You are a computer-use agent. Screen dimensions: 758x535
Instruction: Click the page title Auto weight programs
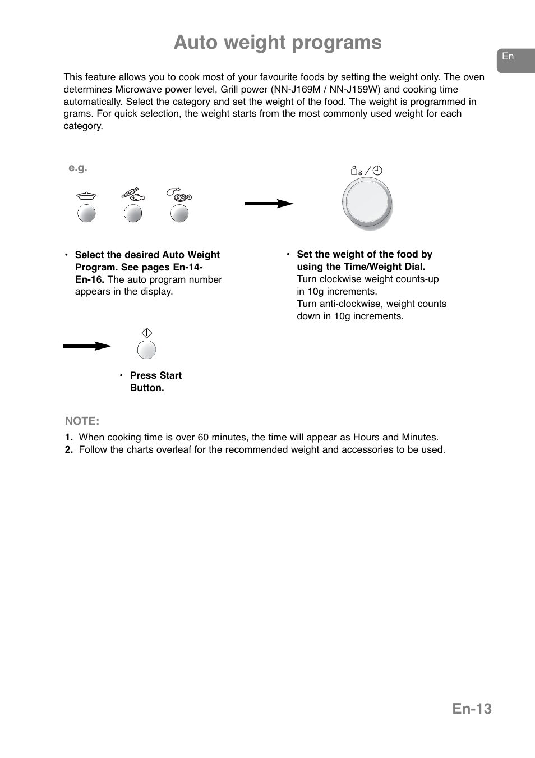pos(278,43)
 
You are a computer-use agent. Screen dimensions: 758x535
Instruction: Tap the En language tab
pos(508,57)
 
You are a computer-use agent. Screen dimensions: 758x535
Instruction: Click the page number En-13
pos(472,709)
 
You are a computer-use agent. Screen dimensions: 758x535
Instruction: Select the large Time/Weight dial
pos(367,203)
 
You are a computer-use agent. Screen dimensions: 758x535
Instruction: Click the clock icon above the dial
pos(378,171)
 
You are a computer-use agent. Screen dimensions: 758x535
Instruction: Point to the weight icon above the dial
pos(356,171)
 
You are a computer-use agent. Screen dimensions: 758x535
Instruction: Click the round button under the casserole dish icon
pos(86,213)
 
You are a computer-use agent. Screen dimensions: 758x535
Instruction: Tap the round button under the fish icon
pos(133,213)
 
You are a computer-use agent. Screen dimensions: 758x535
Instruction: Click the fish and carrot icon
pos(133,195)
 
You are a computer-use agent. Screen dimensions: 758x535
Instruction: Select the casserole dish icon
pos(86,196)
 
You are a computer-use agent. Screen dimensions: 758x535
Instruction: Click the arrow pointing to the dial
pos(269,204)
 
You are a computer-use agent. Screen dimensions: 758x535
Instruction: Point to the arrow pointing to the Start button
pos(87,346)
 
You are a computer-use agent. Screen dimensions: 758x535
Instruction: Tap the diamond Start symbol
pos(147,333)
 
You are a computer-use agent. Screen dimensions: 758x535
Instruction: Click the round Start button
pos(146,350)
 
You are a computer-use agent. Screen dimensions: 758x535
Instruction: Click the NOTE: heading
pos(82,421)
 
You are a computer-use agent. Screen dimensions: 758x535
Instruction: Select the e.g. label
pos(78,168)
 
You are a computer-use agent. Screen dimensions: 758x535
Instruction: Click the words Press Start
pos(156,375)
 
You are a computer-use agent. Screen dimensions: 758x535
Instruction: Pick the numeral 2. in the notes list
pos(69,449)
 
